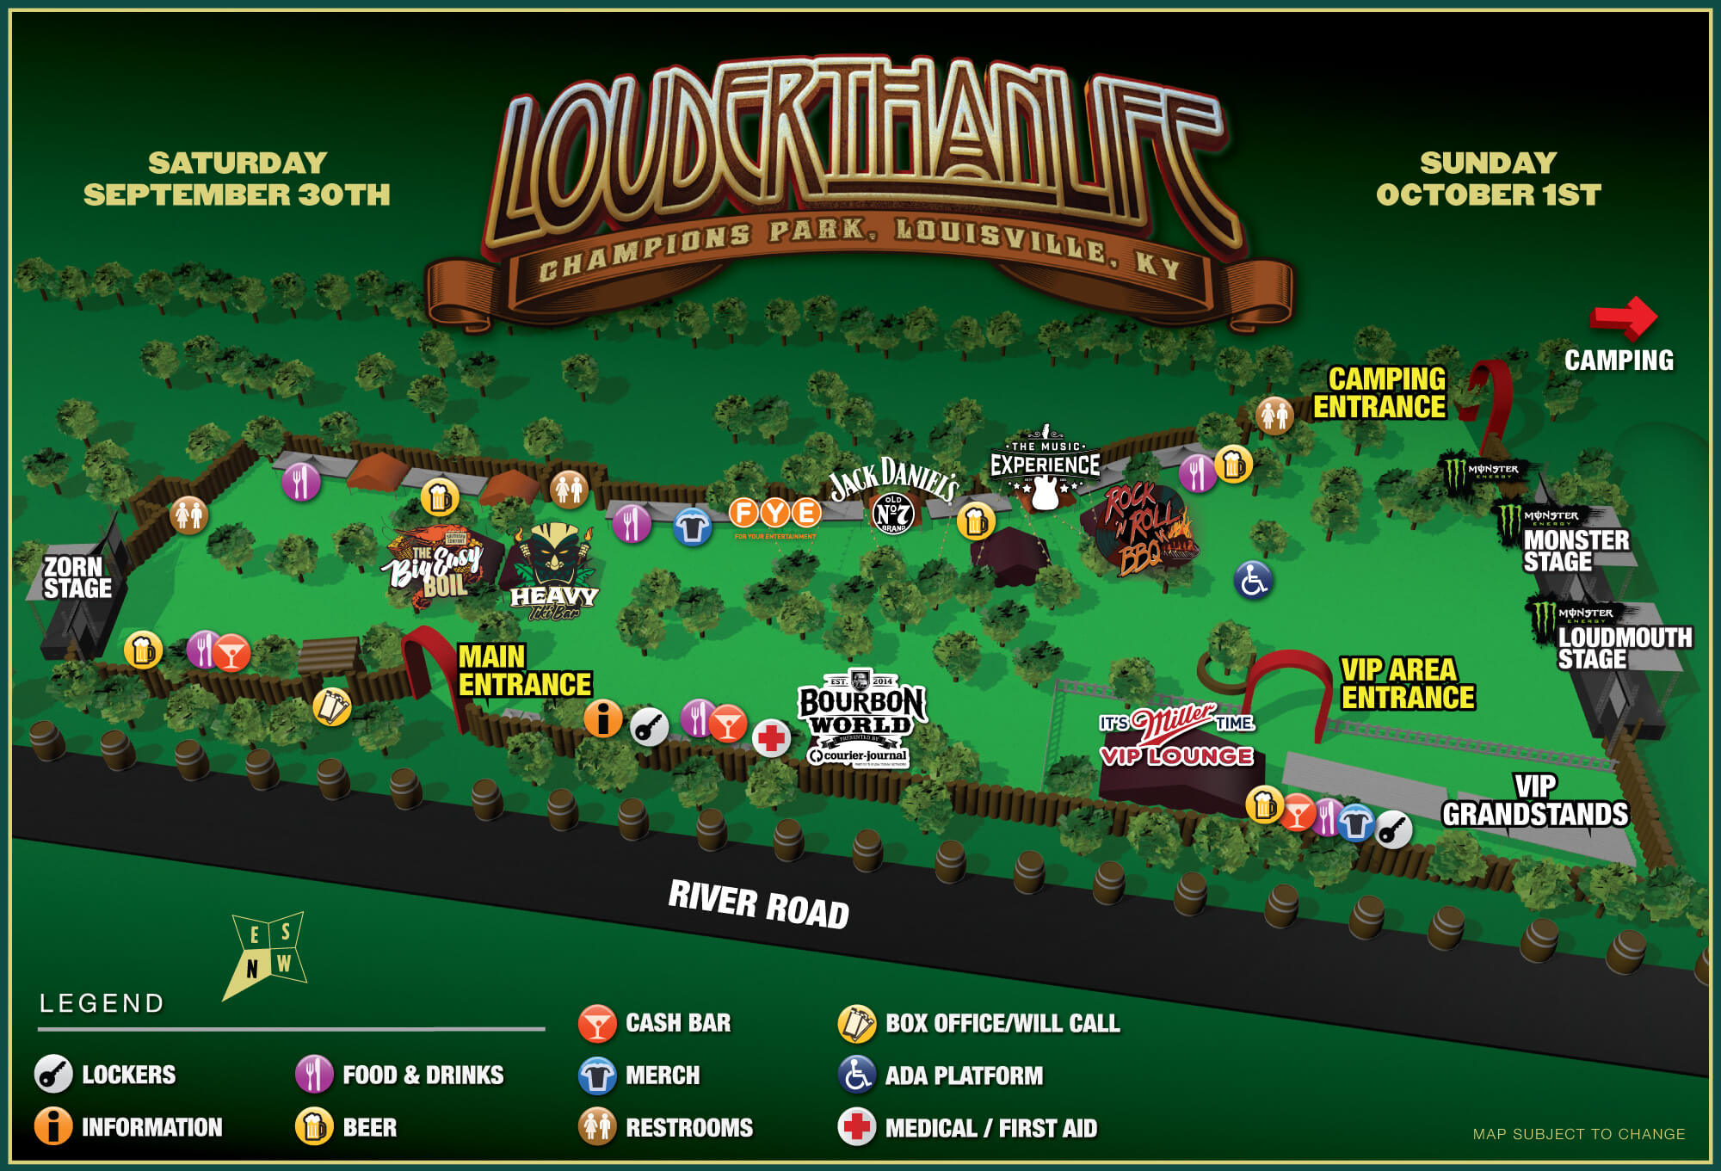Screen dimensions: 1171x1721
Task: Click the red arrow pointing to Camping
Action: point(1623,317)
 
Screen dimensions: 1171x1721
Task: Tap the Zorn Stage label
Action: point(77,577)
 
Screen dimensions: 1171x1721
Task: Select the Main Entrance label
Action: point(524,670)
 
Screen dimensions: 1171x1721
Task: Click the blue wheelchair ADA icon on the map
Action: point(1253,579)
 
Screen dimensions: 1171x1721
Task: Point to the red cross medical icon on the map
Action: point(771,738)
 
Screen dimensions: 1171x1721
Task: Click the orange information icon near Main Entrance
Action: point(602,718)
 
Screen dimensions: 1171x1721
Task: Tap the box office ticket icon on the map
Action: point(331,706)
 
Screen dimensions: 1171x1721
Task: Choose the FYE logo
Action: point(774,515)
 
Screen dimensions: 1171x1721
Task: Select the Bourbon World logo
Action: point(860,717)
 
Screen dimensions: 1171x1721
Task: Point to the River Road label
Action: point(758,904)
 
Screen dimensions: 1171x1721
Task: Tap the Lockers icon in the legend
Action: point(52,1074)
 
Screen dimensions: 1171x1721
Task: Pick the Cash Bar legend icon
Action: point(596,1023)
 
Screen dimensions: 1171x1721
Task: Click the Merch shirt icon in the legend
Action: point(597,1075)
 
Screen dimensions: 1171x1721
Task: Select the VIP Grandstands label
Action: point(1535,800)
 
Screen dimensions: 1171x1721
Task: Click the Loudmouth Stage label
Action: point(1623,647)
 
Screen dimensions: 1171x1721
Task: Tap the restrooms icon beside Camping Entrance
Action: point(1274,416)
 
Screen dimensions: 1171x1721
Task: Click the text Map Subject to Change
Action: point(1578,1134)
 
